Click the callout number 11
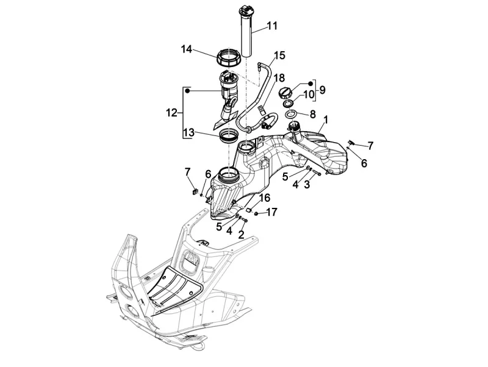pos(271,26)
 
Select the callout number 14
pos(187,49)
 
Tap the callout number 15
pos(279,56)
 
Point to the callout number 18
pos(279,78)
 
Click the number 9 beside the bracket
pos(322,90)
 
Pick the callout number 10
pos(308,94)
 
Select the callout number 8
pos(312,113)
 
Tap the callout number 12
pos(171,113)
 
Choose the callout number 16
pos(264,198)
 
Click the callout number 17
pos(271,212)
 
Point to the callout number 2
pos(242,233)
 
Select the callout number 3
pos(306,185)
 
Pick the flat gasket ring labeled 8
pos(292,113)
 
